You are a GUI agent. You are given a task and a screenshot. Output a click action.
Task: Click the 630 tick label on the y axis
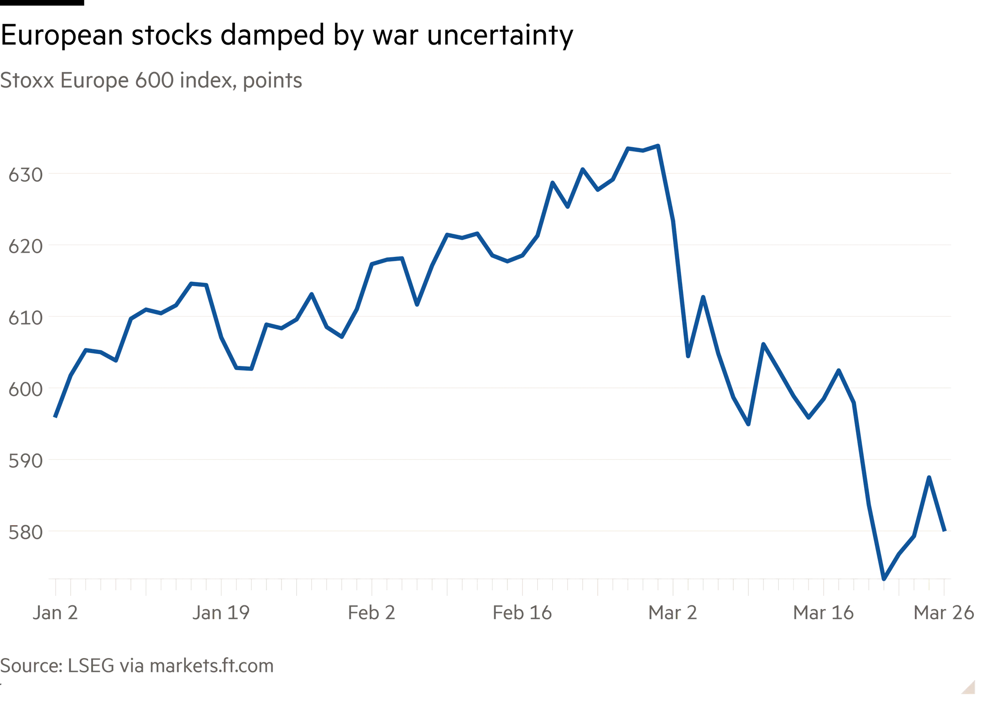(x=25, y=176)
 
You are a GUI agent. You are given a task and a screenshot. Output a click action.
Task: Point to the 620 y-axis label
(x=25, y=247)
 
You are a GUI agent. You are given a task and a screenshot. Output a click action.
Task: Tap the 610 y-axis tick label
(x=25, y=319)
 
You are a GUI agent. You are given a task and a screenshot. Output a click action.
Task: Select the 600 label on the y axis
(x=25, y=390)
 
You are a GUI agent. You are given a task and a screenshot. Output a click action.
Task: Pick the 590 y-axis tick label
(x=25, y=461)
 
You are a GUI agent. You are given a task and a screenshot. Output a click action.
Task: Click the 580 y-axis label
(x=25, y=532)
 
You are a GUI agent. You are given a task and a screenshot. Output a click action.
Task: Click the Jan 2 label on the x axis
(x=55, y=613)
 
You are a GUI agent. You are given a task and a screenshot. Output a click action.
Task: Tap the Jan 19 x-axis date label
(x=221, y=613)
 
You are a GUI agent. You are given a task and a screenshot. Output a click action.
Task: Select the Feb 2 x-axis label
(x=371, y=613)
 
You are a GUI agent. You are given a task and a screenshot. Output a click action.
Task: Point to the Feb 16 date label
(x=522, y=613)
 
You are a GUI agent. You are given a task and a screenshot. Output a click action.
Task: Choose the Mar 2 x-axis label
(x=673, y=613)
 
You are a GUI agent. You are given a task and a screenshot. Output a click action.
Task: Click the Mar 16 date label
(x=824, y=613)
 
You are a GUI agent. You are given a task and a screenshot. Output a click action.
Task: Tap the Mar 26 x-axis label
(x=944, y=613)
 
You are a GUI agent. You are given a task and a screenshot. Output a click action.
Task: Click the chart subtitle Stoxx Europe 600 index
(x=152, y=81)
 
